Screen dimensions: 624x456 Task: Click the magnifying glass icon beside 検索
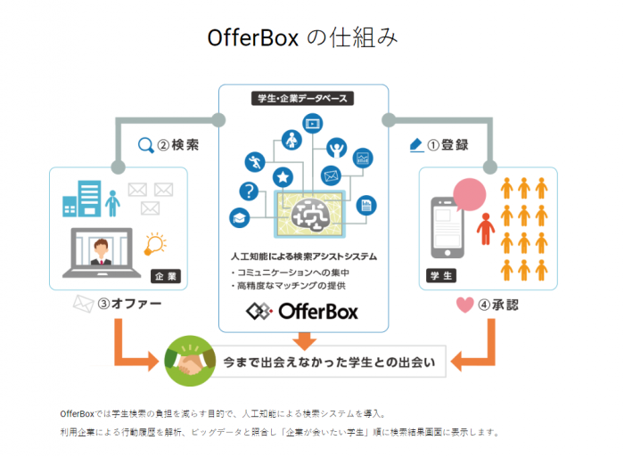[x=145, y=145]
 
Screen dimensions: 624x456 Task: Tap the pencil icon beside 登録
[x=416, y=145]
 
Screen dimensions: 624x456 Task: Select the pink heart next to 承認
[x=464, y=305]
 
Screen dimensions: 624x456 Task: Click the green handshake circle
[x=190, y=361]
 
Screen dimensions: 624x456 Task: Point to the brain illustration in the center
[x=310, y=215]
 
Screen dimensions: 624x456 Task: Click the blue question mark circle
[x=249, y=191]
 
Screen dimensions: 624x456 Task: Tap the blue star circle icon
[x=283, y=177]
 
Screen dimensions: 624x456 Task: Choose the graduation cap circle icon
[x=240, y=218]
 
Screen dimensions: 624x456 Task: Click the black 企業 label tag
[x=166, y=276]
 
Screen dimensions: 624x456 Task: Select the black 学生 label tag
[x=441, y=275]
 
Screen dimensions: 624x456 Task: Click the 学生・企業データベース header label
[x=302, y=98]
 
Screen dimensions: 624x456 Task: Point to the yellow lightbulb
[x=155, y=244]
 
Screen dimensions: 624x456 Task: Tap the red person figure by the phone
[x=486, y=229]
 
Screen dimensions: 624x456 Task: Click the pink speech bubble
[x=469, y=194]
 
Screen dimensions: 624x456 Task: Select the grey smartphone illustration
[x=447, y=228]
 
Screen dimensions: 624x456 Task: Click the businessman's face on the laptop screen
[x=101, y=248]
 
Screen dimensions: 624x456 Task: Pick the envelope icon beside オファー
[x=83, y=304]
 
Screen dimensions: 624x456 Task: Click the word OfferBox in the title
[x=253, y=38]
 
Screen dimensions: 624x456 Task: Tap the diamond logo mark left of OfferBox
[x=259, y=312]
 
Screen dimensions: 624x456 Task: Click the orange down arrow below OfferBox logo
[x=305, y=341]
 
